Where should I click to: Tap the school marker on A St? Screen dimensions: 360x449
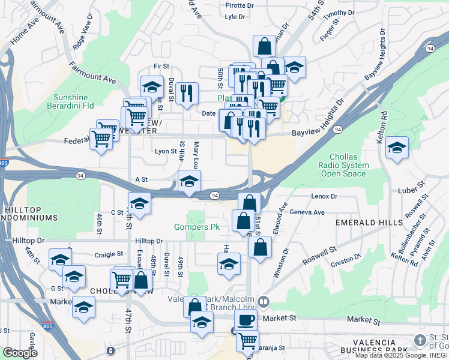click(189, 181)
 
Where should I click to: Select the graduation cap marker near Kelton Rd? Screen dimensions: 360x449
click(397, 147)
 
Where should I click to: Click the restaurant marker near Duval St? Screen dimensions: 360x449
click(187, 92)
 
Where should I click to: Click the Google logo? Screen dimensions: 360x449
click(20, 353)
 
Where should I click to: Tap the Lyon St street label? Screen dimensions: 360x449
click(166, 152)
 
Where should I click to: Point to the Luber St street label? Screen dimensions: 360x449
click(411, 190)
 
